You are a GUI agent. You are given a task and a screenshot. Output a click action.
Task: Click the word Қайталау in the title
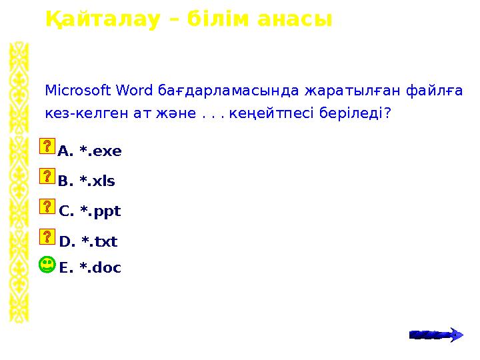102,19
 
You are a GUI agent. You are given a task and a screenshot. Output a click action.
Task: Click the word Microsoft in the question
78,89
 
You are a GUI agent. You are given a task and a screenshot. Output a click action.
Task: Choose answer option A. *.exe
90,151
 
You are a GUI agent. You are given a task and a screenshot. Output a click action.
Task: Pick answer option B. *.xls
87,181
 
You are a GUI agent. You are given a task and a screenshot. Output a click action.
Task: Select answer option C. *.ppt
90,211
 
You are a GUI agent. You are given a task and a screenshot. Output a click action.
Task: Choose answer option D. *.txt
88,241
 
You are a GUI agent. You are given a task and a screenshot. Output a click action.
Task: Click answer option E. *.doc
90,268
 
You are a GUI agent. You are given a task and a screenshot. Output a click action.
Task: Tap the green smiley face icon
47,266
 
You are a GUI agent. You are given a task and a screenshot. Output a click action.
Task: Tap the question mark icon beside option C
47,206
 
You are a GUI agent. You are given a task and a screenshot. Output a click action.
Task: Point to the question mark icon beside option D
47,236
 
